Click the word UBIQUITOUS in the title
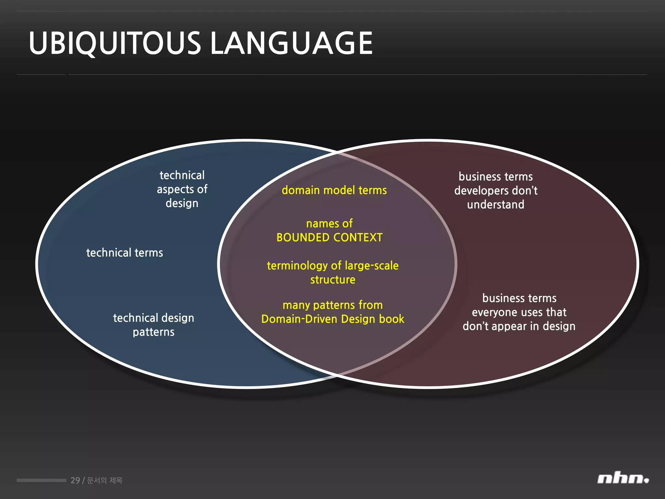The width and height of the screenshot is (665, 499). [x=115, y=43]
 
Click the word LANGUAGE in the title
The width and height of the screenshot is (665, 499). [x=291, y=43]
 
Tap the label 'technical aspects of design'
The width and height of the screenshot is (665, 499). [x=182, y=189]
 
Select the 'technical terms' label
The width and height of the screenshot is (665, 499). [x=125, y=253]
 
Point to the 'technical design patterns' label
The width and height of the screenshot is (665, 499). [x=154, y=325]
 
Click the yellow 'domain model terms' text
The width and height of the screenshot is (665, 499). [x=334, y=190]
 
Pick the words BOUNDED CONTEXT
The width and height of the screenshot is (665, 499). [x=330, y=237]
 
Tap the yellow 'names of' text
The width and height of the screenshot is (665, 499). [x=329, y=224]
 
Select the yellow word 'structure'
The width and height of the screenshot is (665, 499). [x=333, y=280]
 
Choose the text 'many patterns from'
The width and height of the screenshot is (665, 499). [x=333, y=305]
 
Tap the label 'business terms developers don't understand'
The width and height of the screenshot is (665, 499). [x=496, y=190]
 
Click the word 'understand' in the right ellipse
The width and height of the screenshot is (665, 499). [x=496, y=205]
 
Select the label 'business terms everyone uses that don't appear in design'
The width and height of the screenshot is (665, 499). [x=519, y=312]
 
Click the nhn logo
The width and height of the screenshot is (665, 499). [x=623, y=479]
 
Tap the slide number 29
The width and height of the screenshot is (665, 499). [x=75, y=480]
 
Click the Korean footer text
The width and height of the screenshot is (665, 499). [x=105, y=480]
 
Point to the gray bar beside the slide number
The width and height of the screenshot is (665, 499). [x=41, y=480]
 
